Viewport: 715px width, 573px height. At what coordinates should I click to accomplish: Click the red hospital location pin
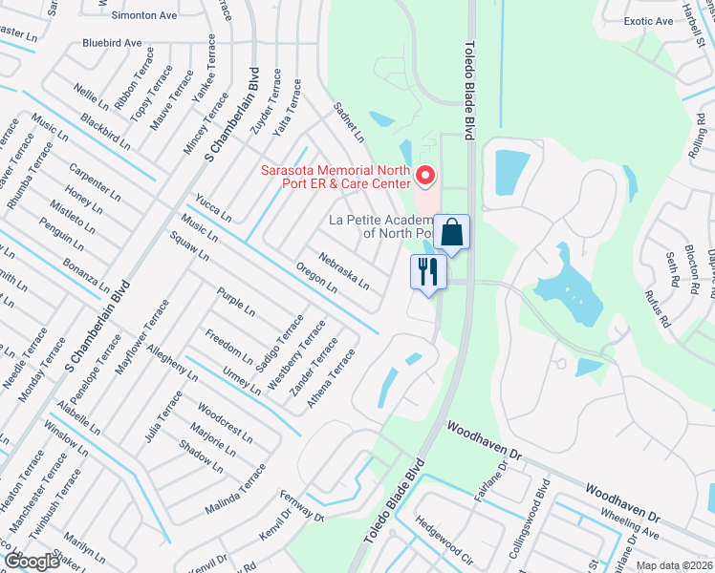[425, 177]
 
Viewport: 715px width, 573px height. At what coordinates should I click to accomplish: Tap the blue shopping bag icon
[451, 232]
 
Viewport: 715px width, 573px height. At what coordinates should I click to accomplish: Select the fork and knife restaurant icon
[427, 271]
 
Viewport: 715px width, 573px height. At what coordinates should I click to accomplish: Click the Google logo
[32, 562]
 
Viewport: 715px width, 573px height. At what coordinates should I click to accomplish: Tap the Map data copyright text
[675, 565]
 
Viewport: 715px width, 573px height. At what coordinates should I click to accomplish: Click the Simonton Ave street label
[143, 16]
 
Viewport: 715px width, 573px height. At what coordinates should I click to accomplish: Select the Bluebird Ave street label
[112, 43]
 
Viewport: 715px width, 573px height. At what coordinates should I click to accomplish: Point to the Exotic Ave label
[648, 20]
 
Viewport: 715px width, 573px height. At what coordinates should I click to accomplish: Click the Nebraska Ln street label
[344, 269]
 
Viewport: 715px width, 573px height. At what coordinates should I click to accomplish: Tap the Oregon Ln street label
[316, 278]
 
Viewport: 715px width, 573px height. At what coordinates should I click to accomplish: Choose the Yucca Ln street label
[213, 209]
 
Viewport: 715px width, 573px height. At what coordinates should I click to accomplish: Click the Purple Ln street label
[236, 302]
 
